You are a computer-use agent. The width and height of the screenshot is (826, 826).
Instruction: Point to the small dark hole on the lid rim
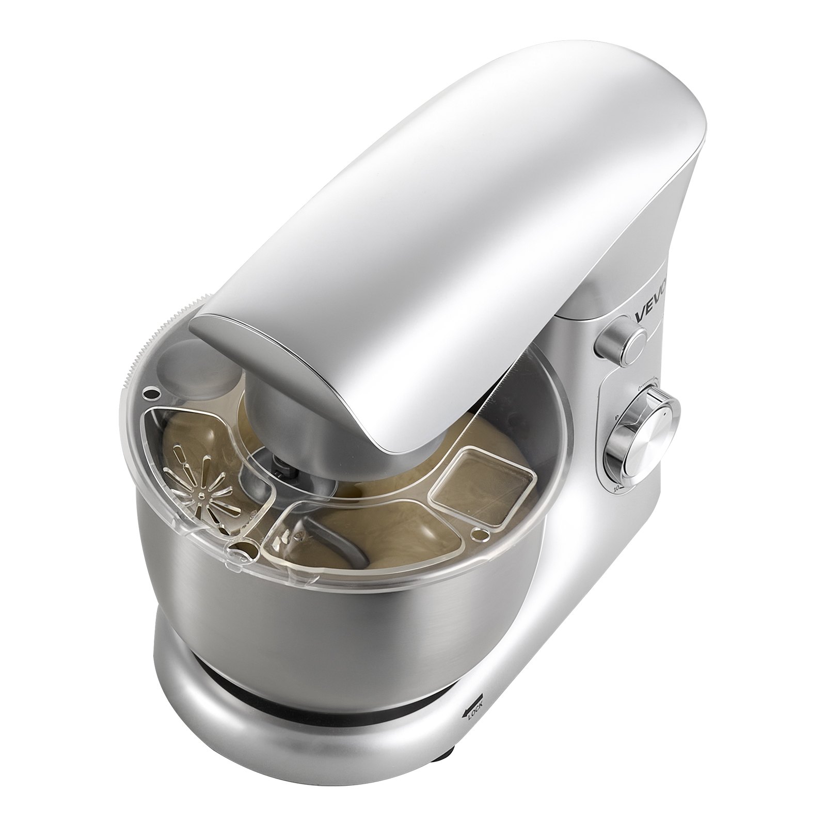pos(151,393)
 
